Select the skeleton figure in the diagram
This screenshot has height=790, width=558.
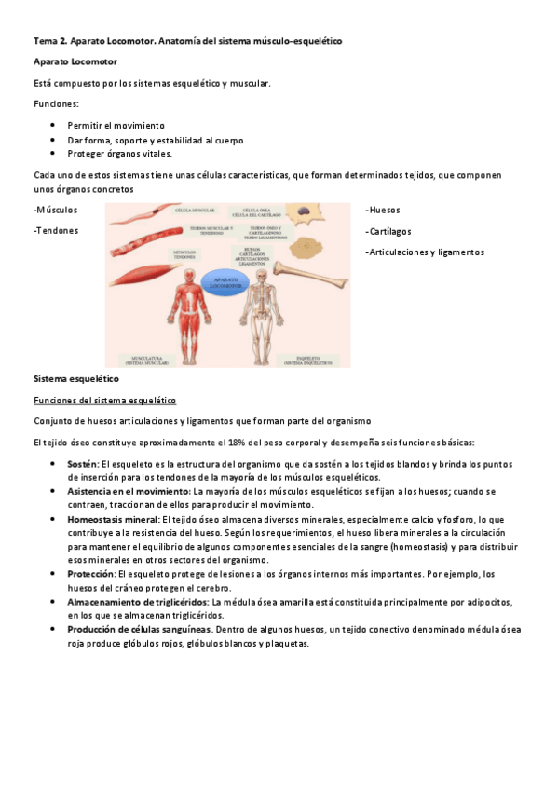(x=263, y=317)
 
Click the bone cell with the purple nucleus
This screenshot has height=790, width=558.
(x=304, y=216)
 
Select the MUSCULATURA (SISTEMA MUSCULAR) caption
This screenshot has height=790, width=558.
(x=147, y=359)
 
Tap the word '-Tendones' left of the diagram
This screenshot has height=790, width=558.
(x=56, y=231)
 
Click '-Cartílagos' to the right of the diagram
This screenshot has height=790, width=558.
(x=388, y=231)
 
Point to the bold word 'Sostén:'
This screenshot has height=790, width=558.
(x=82, y=464)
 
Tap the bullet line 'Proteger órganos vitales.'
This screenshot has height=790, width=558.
(x=120, y=154)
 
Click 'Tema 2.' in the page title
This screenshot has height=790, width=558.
(x=49, y=41)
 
